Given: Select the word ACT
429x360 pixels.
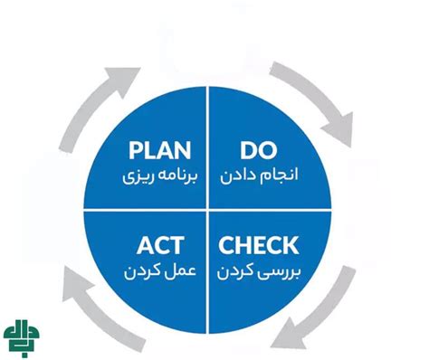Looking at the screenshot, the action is click(162, 244).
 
